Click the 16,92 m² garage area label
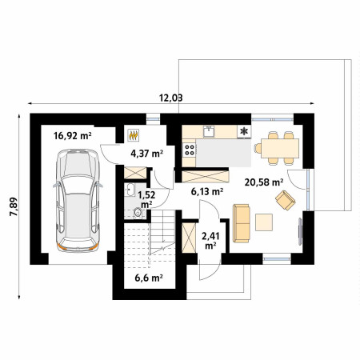click(73, 136)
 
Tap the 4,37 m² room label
click(147, 154)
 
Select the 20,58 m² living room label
click(264, 182)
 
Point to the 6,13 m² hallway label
click(207, 191)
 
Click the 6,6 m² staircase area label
click(149, 278)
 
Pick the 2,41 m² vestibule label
click(210, 241)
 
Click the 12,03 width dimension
click(171, 98)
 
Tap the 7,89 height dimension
click(14, 206)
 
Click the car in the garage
click(78, 200)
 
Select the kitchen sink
click(209, 131)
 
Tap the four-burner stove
click(190, 150)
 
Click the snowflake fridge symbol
click(244, 131)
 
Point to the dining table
click(280, 148)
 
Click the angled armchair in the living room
click(286, 200)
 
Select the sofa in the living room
click(242, 223)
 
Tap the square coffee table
click(264, 222)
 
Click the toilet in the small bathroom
click(137, 213)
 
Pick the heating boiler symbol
click(134, 135)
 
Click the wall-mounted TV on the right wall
click(300, 231)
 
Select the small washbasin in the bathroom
click(130, 190)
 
